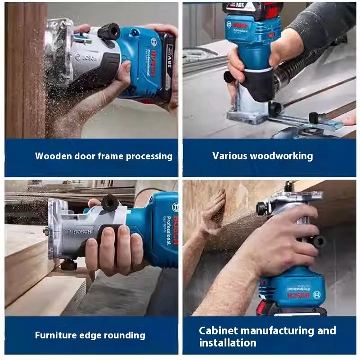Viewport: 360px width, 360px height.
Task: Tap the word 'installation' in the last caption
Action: (228, 343)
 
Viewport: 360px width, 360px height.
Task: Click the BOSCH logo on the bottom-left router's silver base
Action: (79, 232)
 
